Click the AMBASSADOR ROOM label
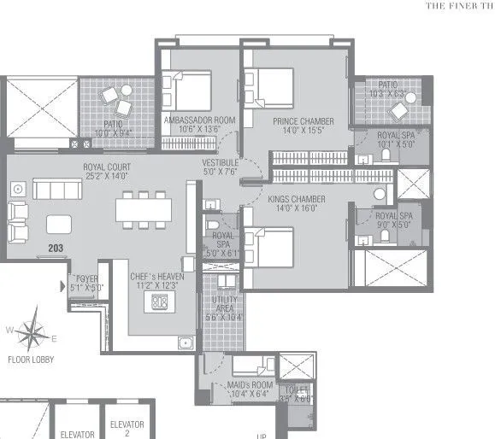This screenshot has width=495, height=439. (x=200, y=121)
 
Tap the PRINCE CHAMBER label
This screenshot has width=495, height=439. (x=303, y=121)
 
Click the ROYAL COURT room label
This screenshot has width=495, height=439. (x=106, y=167)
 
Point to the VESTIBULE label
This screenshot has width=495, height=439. (x=221, y=162)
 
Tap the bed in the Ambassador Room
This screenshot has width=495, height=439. (x=193, y=88)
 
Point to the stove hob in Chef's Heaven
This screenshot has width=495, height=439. (x=158, y=301)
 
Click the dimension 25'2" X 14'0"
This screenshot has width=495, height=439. (x=106, y=176)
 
